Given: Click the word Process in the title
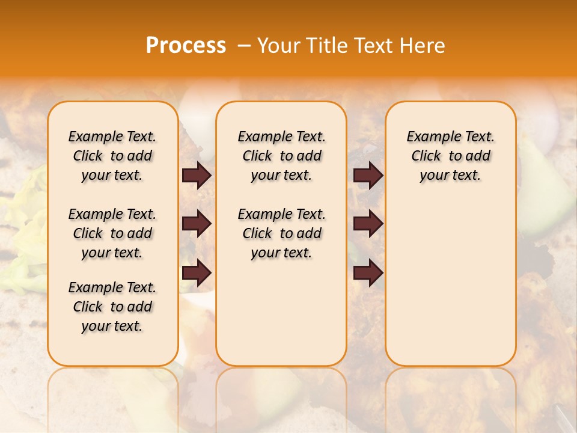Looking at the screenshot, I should [186, 46].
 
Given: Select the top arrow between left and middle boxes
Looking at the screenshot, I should [196, 176].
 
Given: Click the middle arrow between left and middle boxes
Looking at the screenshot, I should [196, 224].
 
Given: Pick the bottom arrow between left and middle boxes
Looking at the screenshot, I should [196, 273].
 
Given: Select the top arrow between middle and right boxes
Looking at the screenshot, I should [368, 176].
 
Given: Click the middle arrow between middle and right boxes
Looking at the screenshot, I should [368, 224].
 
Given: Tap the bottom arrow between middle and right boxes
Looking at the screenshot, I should [368, 273].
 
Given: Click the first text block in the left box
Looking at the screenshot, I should [112, 156].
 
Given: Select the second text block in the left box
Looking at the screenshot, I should [112, 233].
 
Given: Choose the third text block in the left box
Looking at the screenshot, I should [112, 307].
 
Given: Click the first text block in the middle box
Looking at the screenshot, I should [281, 156].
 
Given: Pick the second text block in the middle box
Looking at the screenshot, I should [281, 233].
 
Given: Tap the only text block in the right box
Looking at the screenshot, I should [450, 156].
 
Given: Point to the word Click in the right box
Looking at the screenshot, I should [426, 156].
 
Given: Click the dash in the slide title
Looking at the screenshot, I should [244, 46].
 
